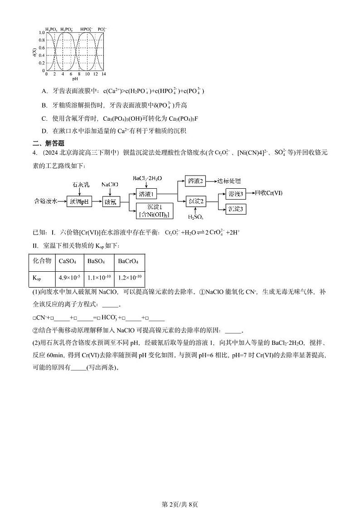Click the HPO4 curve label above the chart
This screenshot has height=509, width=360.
(x=86, y=29)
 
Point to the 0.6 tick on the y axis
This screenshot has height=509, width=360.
(x=42, y=48)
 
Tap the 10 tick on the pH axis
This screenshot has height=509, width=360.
(x=87, y=73)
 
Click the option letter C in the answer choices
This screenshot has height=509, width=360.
(x=44, y=118)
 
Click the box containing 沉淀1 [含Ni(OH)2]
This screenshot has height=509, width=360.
(x=155, y=211)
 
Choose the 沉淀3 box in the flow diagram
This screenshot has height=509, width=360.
(x=236, y=209)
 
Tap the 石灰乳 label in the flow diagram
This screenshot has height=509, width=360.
(x=80, y=185)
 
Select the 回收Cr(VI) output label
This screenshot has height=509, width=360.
(x=268, y=193)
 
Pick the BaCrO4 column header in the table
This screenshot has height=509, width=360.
(x=128, y=261)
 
